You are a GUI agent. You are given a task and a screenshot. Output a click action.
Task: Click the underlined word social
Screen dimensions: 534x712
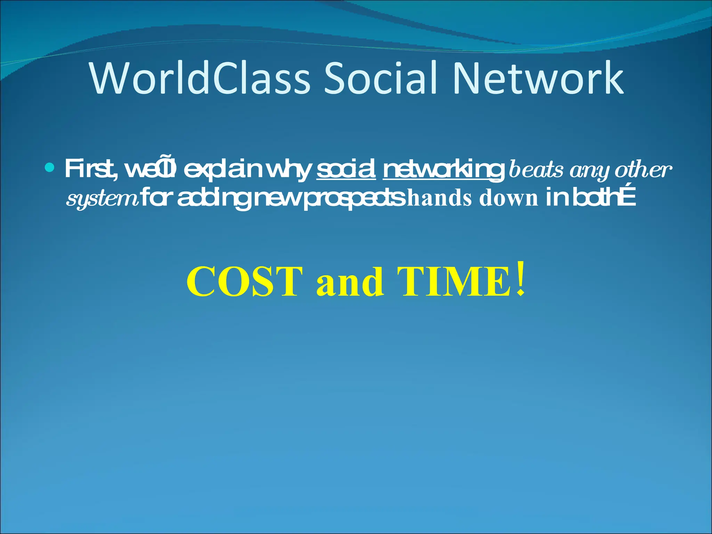pos(346,169)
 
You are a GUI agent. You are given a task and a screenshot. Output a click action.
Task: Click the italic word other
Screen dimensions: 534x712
pos(643,170)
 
